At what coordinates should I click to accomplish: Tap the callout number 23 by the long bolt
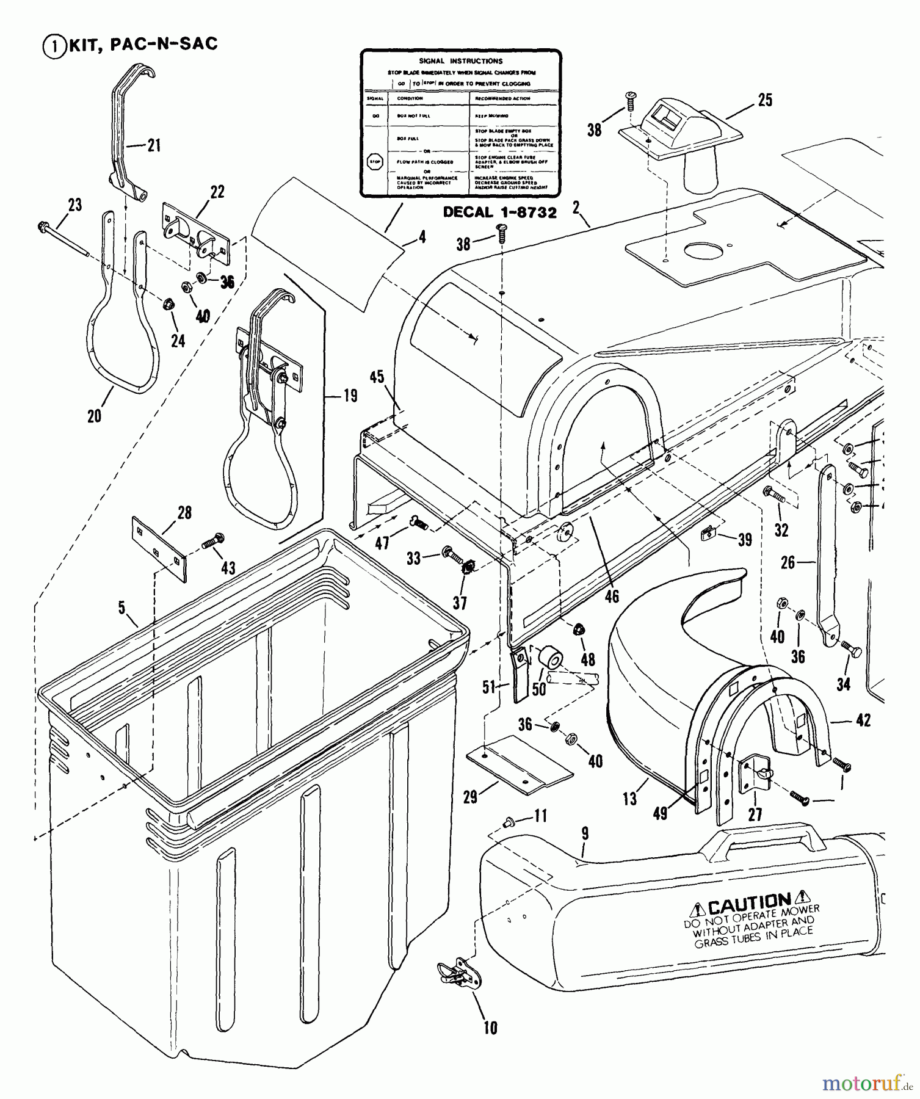coord(74,205)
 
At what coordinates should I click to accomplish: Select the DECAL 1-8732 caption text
coord(499,212)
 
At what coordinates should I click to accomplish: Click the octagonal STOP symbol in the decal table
coord(374,162)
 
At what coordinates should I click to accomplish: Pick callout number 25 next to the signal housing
coord(764,100)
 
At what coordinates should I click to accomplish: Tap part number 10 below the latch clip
coord(490,1028)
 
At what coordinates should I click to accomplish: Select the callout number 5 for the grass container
coord(122,608)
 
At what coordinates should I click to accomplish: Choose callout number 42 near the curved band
coord(863,721)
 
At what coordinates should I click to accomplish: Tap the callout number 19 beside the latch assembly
coord(350,395)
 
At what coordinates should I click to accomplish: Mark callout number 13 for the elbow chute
coord(629,799)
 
